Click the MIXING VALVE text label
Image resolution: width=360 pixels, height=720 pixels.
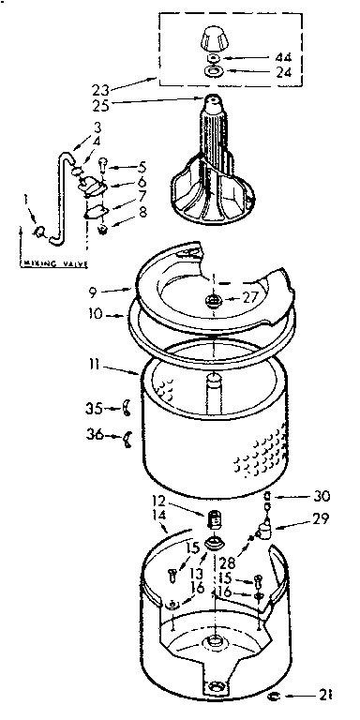tap(45, 264)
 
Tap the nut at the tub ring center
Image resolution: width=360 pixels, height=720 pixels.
tap(216, 300)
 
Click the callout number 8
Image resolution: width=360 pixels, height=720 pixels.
tap(143, 214)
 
